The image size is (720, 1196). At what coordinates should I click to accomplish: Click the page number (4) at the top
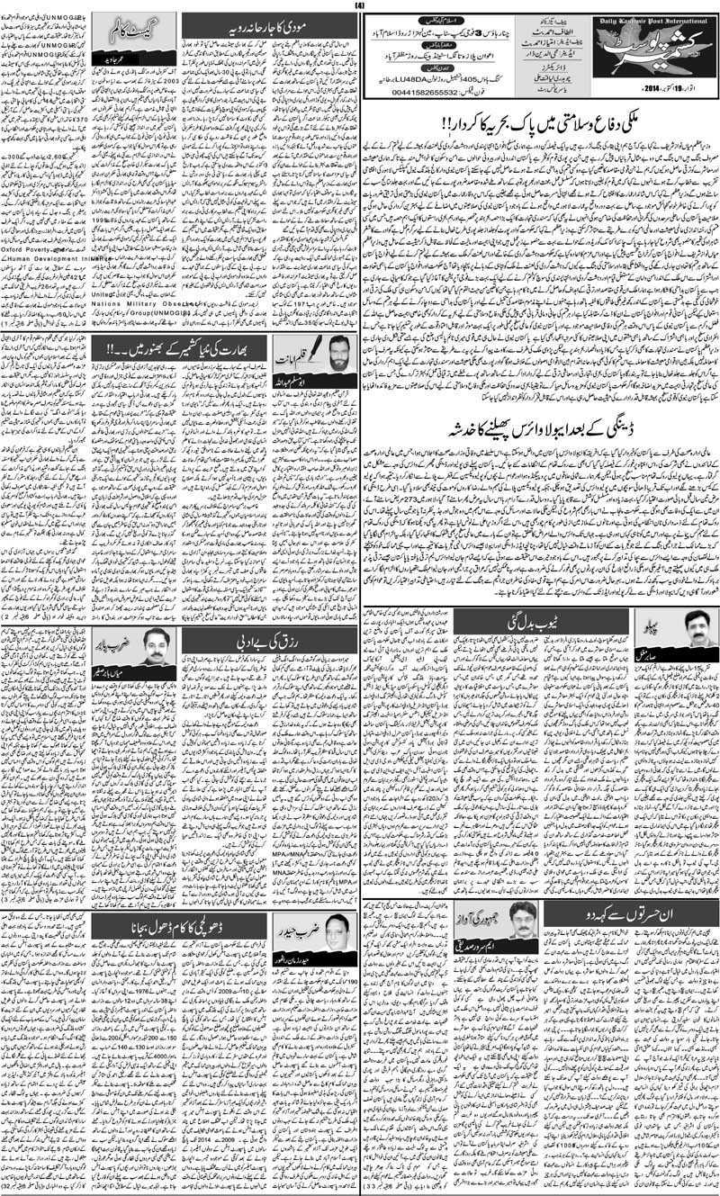coord(359,5)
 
